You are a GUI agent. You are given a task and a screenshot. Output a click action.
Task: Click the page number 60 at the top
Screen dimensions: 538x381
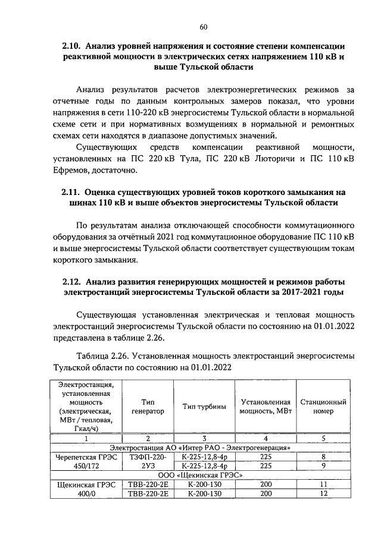click(203, 27)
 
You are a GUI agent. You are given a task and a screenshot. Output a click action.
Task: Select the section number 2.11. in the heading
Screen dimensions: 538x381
click(72, 193)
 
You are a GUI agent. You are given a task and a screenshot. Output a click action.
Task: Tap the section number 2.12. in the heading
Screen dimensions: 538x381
click(73, 281)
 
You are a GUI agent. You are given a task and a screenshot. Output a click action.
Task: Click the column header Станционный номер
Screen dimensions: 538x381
click(323, 406)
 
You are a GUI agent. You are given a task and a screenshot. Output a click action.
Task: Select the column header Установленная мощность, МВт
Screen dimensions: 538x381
click(266, 406)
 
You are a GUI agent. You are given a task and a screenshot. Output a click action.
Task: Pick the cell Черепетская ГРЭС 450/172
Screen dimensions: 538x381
click(86, 461)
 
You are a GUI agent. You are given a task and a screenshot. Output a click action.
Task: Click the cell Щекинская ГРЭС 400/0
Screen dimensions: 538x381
click(86, 489)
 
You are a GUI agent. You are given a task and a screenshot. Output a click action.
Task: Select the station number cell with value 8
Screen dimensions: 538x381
click(323, 457)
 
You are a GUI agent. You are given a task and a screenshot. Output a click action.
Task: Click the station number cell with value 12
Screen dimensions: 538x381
click(323, 493)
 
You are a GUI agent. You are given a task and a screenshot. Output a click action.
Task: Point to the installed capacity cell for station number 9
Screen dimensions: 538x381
click(266, 466)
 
